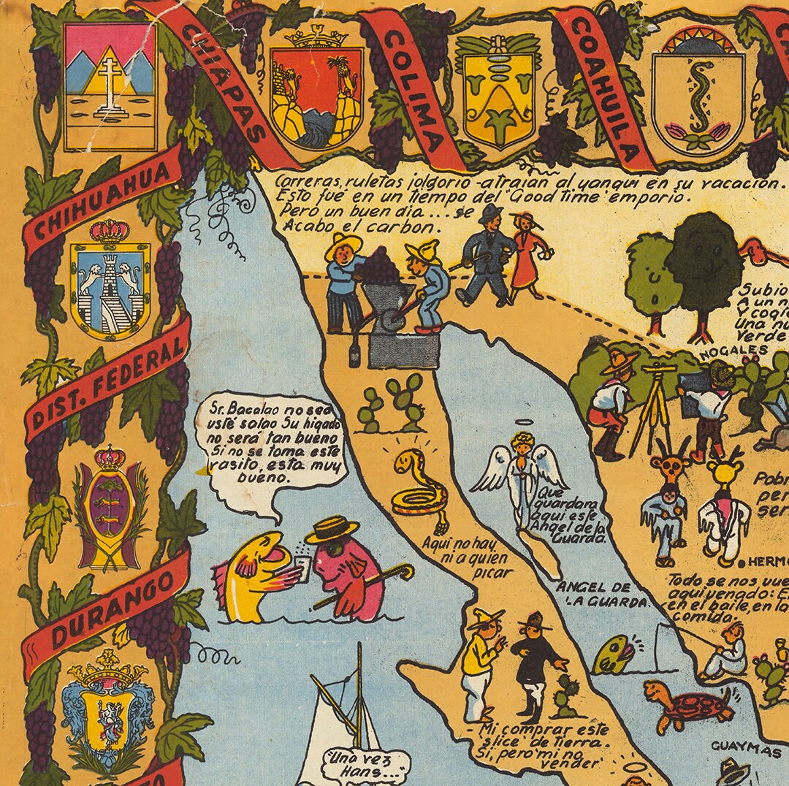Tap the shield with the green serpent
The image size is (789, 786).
(x=698, y=91)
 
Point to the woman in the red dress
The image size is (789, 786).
(x=528, y=256)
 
